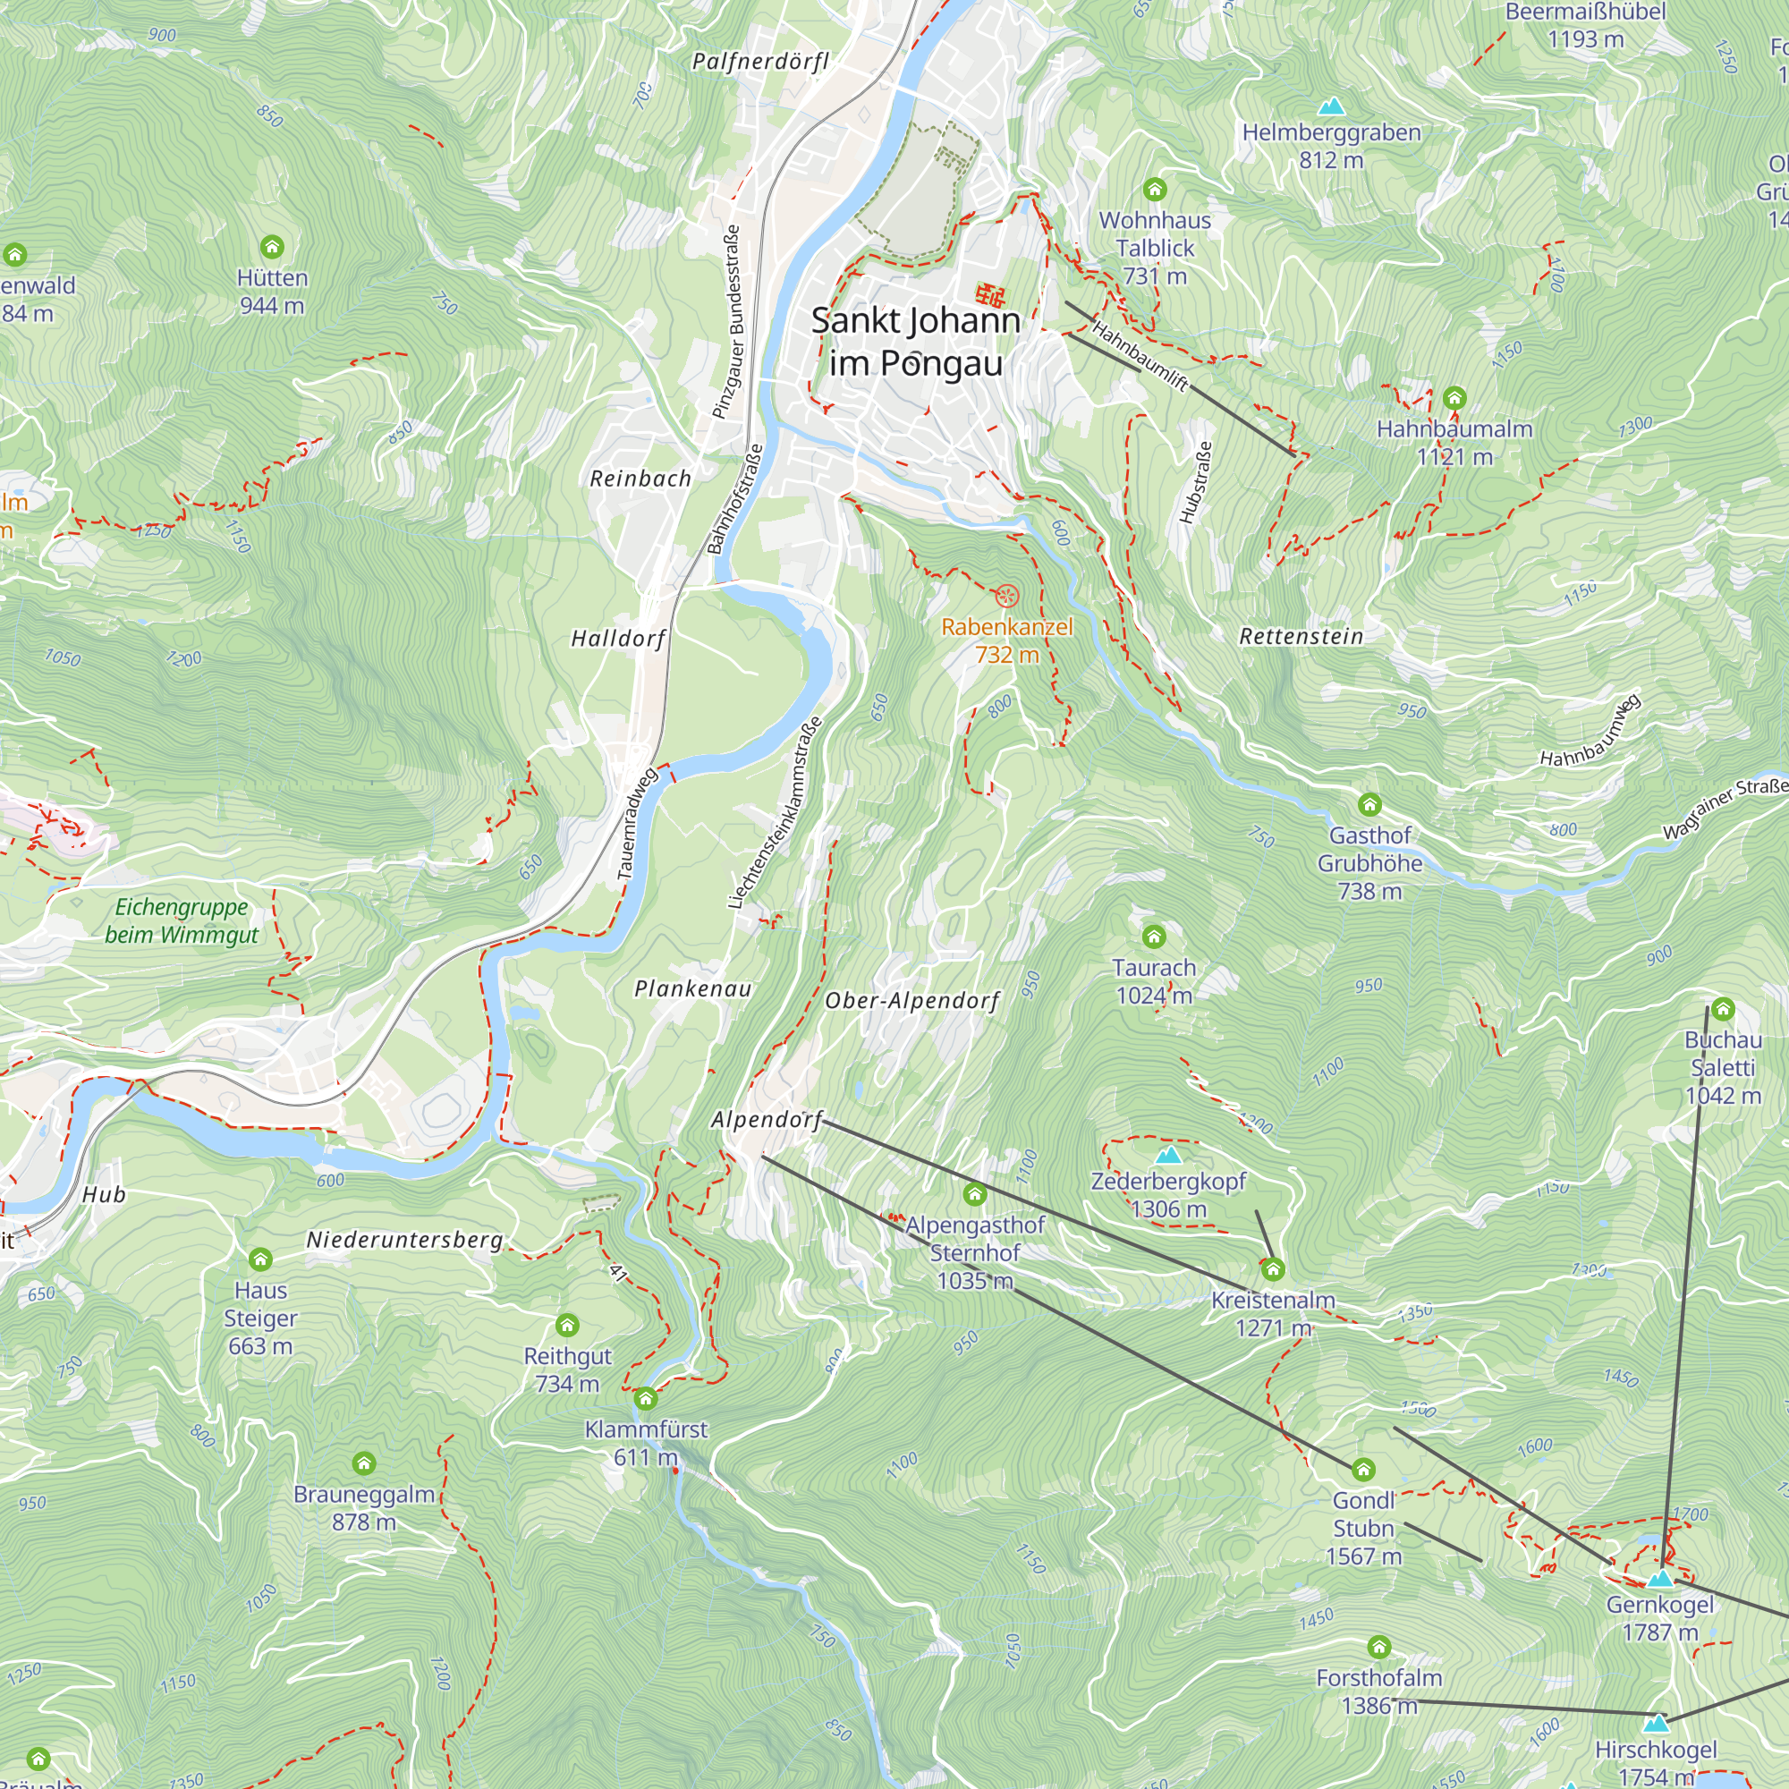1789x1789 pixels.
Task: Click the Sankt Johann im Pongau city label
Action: [915, 342]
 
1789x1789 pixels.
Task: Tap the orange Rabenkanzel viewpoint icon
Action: [1006, 596]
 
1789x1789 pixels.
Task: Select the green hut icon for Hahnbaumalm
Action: [1454, 399]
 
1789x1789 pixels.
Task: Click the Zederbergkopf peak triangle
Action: [1168, 1155]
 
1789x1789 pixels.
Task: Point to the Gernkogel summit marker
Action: [1659, 1578]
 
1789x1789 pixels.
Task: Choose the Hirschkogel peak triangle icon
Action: [1656, 1724]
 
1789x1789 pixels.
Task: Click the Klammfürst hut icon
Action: [646, 1398]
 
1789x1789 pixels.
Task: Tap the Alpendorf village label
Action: [767, 1121]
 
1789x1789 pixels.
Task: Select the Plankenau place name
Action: [692, 989]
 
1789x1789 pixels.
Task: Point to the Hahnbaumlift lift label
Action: [1139, 356]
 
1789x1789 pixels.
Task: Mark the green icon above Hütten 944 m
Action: [271, 247]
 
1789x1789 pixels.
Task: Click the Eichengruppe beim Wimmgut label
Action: [182, 920]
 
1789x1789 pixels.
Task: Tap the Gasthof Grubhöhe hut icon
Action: [1369, 805]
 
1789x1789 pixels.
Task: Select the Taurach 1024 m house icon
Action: [1154, 937]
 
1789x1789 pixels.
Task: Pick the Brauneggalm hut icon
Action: [364, 1464]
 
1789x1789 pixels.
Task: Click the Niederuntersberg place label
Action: [404, 1240]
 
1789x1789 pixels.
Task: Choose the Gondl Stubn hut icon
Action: [1363, 1471]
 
